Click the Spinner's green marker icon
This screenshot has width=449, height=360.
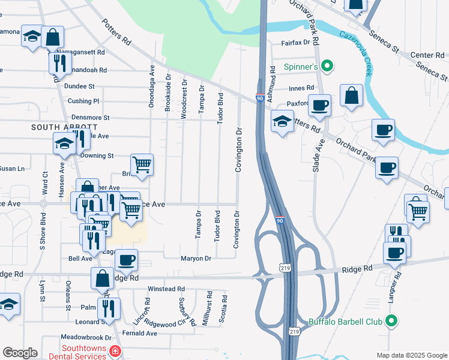click(327, 66)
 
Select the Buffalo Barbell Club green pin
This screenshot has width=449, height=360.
click(391, 322)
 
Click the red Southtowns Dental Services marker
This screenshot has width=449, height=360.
click(114, 350)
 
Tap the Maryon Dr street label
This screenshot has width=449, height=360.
click(196, 259)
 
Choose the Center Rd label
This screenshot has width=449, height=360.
click(427, 55)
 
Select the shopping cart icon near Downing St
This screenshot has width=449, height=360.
click(142, 164)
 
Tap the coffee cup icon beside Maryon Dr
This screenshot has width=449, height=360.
click(126, 260)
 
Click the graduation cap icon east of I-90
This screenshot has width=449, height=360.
click(282, 122)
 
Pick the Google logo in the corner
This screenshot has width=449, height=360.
click(20, 353)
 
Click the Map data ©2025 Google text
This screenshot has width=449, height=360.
click(411, 355)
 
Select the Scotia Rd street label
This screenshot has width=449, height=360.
click(224, 308)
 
